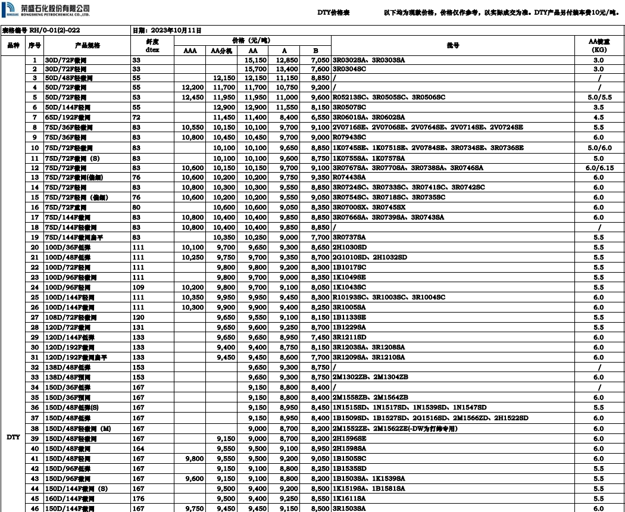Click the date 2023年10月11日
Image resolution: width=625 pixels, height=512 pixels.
(x=175, y=30)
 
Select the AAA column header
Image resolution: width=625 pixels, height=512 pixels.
(x=189, y=51)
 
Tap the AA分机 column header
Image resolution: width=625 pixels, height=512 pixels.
(x=223, y=51)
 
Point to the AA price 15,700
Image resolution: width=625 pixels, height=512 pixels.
(x=255, y=69)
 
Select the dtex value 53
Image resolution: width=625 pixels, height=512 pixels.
(x=136, y=97)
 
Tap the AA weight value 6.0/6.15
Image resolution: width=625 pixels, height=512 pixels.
(x=598, y=168)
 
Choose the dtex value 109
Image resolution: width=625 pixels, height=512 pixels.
(x=138, y=287)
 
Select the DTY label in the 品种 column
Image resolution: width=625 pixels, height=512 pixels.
(x=13, y=437)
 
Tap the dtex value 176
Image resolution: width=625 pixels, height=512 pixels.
(x=138, y=498)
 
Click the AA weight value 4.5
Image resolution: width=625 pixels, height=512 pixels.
(x=598, y=117)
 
